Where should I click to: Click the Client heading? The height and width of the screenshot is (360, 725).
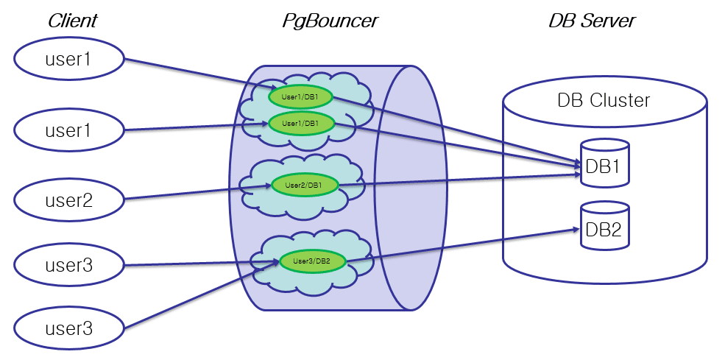point(73,21)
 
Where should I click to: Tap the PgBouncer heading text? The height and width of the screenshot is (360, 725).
point(330,21)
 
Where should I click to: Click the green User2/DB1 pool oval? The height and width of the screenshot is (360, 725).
point(305,185)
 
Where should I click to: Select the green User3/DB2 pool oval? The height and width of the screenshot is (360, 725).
point(313,261)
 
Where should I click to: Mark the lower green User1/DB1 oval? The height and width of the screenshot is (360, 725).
point(303,123)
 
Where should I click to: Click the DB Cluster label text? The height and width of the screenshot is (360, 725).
point(604,100)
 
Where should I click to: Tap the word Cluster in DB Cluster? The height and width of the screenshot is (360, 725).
point(621,100)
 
